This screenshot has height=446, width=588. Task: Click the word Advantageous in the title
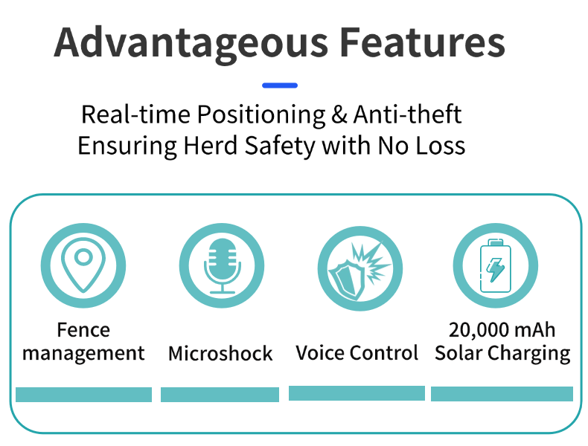pos(191,44)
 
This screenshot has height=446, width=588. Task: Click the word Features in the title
pos(423,42)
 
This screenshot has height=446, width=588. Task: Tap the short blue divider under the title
pos(280,85)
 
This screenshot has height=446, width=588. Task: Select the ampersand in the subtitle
pos(339,114)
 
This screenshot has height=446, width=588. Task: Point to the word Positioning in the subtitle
pos(261,115)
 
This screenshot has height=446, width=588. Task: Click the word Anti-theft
pos(407,114)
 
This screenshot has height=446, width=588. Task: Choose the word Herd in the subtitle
pos(211,145)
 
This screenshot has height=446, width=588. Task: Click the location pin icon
pos(83,265)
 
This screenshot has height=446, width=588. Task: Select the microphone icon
pos(222,265)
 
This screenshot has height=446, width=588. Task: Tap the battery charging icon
pos(496,265)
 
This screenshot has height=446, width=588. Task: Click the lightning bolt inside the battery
pos(496,269)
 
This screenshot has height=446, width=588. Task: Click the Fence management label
pos(83,342)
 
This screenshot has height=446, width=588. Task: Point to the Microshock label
pos(220,354)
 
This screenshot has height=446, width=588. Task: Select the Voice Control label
pos(357,353)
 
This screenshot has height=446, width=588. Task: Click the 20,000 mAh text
pos(502,330)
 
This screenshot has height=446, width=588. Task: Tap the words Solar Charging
pos(502,354)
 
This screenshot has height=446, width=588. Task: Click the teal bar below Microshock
pos(220,395)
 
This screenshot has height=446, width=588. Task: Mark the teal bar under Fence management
pos(83,395)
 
